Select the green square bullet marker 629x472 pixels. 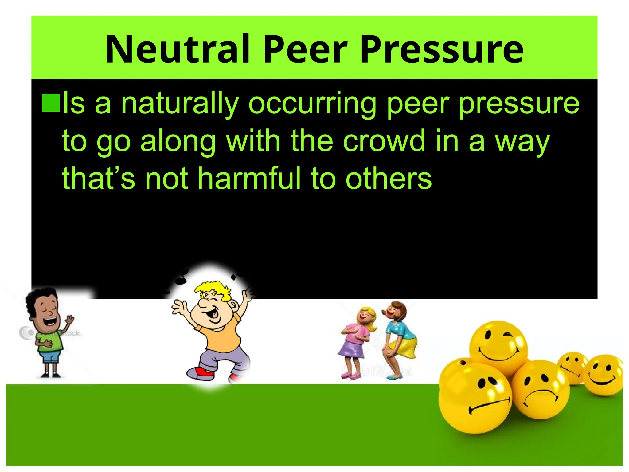click(51, 103)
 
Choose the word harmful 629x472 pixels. click(249, 178)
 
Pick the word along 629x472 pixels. click(178, 141)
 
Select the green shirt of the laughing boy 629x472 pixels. click(49, 340)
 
